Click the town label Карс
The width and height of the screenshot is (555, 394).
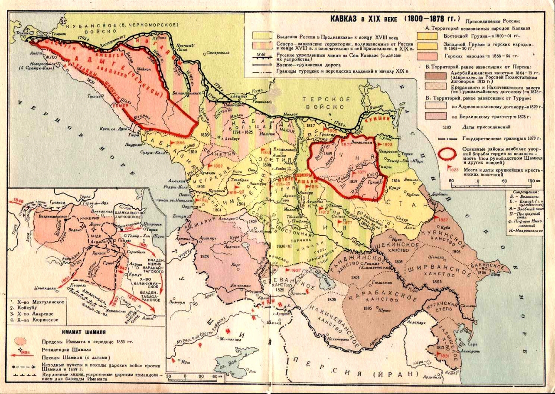tap(237, 264)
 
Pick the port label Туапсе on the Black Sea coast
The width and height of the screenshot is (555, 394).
tap(94, 96)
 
